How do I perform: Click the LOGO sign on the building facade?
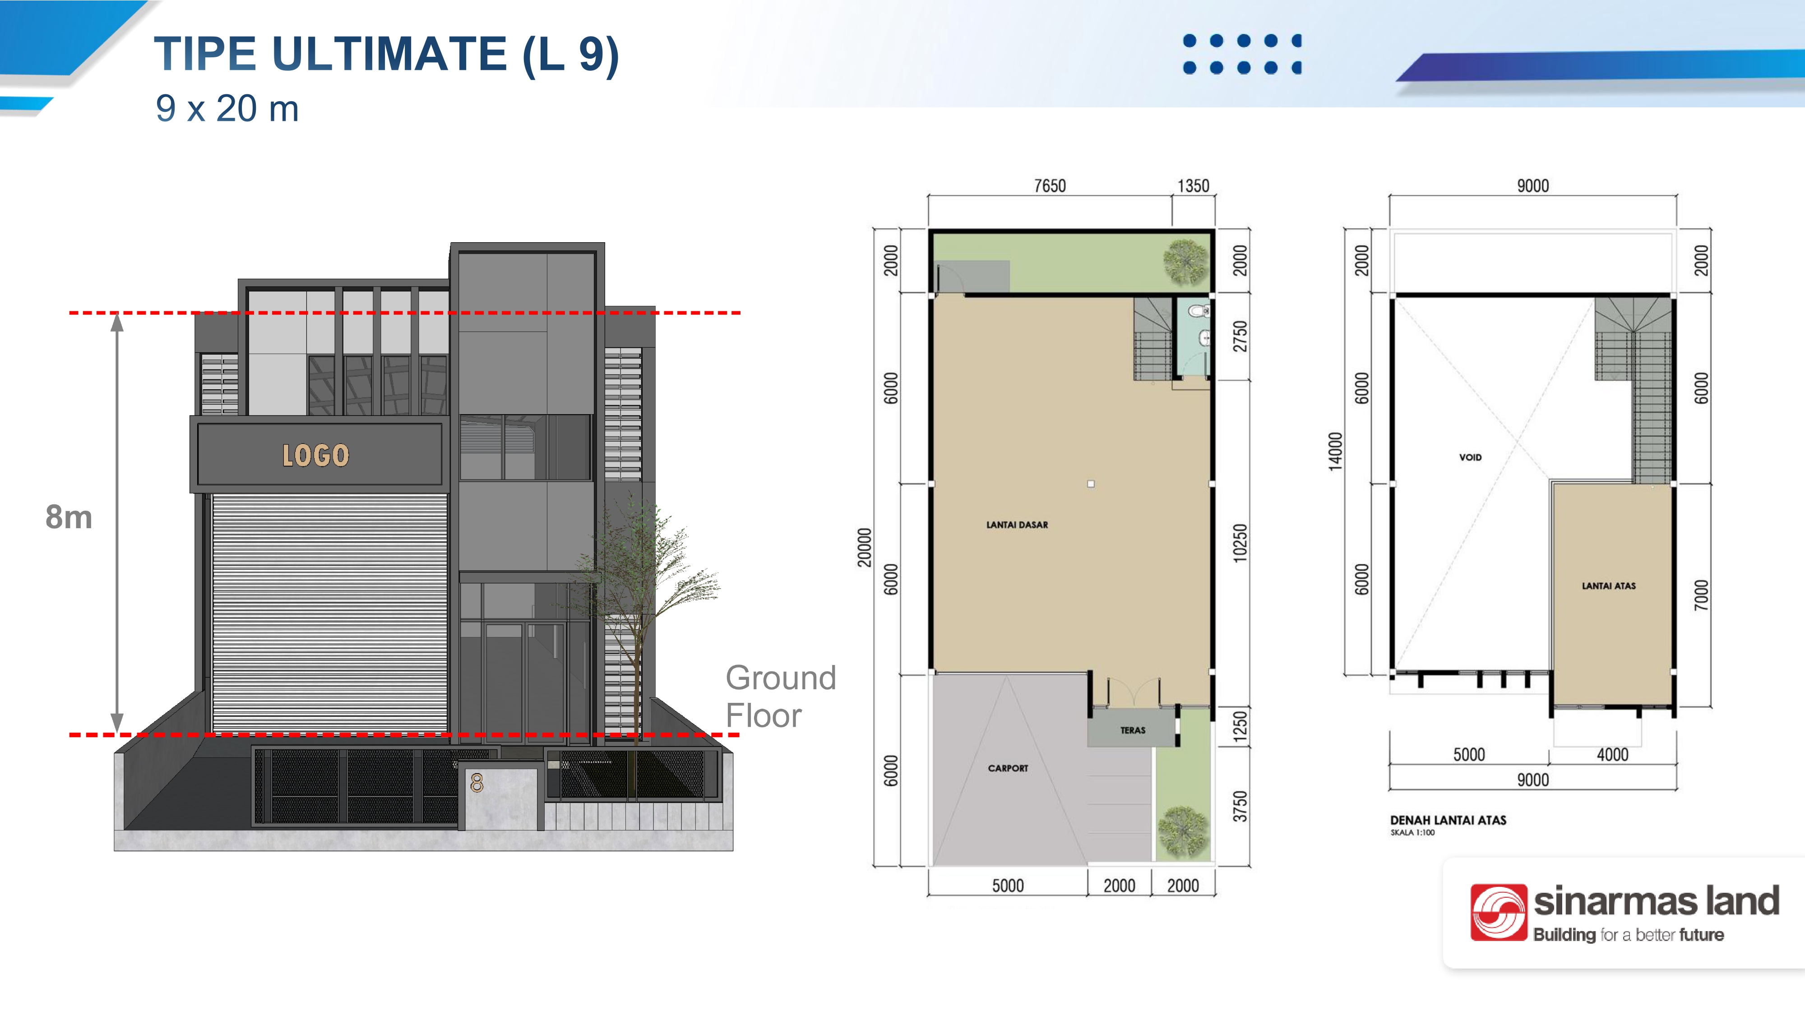click(315, 455)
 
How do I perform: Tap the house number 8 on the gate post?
click(477, 782)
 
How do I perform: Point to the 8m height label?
click(69, 517)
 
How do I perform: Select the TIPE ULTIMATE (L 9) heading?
click(387, 54)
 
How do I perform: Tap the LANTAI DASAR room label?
click(1017, 525)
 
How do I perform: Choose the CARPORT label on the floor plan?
click(1008, 768)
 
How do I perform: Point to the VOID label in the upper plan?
click(1470, 457)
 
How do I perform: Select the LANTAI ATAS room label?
click(1609, 586)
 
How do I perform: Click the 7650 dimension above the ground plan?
click(1050, 185)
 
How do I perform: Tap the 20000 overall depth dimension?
click(865, 548)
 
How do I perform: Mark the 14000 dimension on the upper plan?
click(1336, 452)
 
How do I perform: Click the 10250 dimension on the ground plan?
click(1240, 543)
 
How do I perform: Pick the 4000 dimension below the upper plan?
click(1612, 754)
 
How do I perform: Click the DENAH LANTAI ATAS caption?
click(1448, 820)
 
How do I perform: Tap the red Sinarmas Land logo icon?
click(1498, 912)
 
